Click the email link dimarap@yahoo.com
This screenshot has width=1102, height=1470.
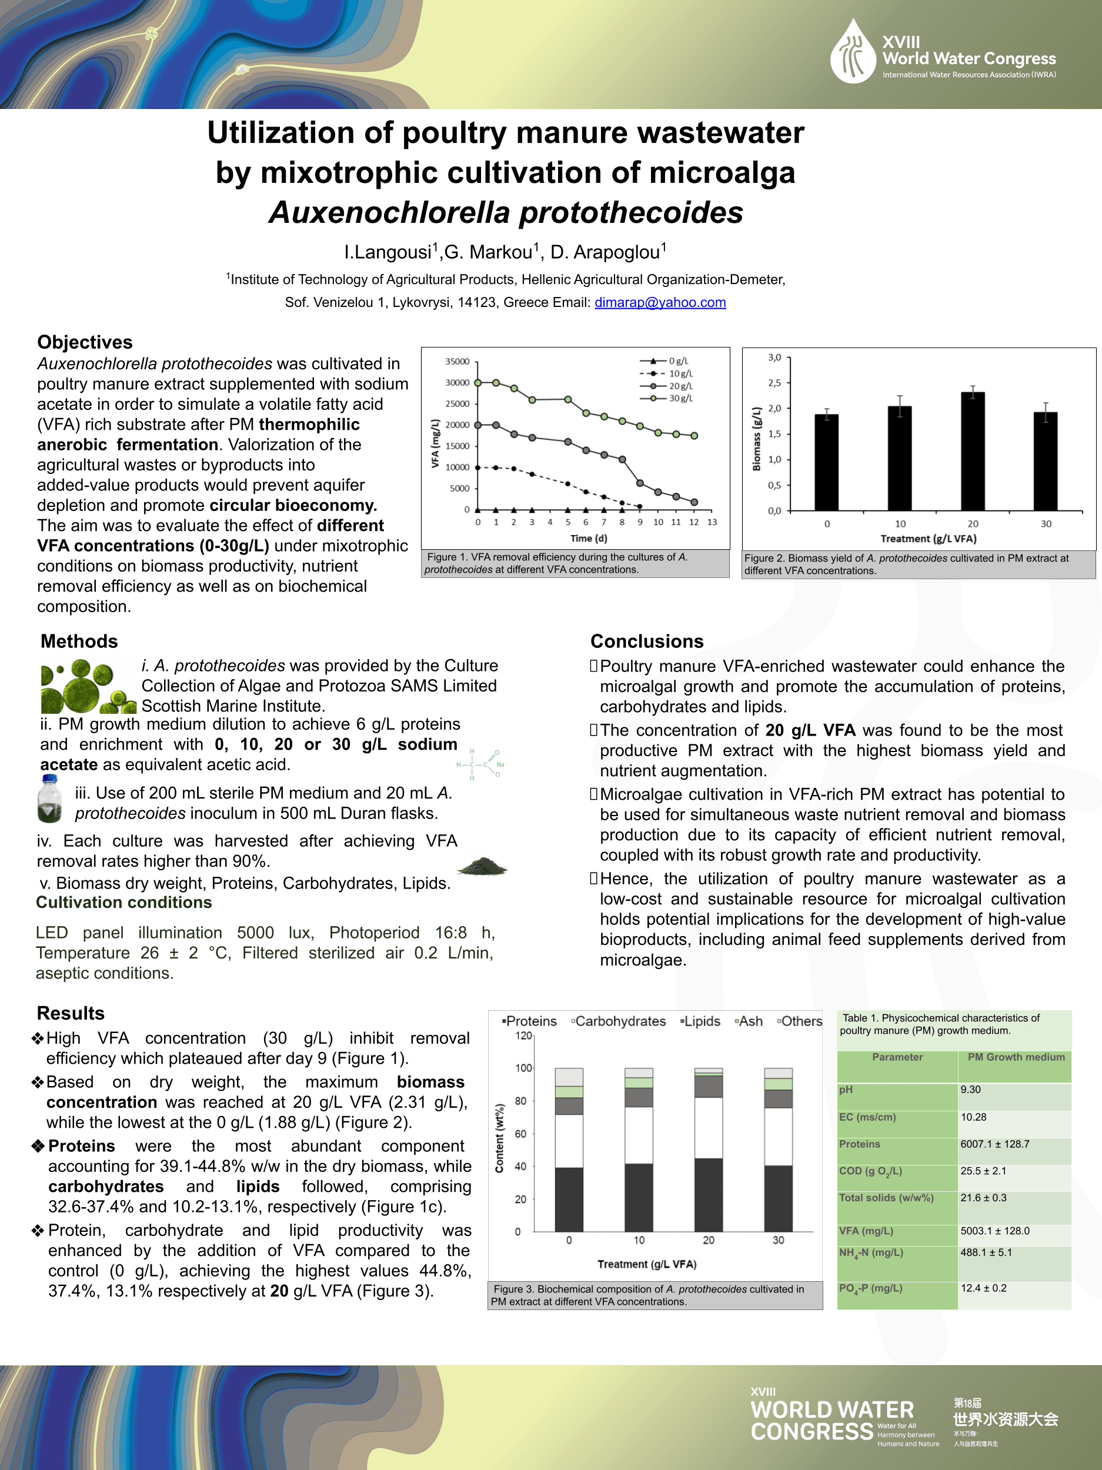(x=659, y=302)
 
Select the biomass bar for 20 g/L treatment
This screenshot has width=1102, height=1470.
(x=973, y=452)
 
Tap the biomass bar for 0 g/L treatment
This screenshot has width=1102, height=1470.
(x=826, y=463)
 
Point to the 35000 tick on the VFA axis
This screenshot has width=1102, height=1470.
(x=458, y=362)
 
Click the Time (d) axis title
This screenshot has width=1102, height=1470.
(x=588, y=538)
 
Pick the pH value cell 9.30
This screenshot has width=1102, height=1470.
(x=970, y=1089)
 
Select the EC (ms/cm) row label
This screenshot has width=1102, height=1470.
(x=867, y=1117)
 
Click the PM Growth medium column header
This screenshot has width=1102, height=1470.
(x=1016, y=1057)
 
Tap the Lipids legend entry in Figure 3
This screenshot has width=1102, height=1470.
(x=700, y=1021)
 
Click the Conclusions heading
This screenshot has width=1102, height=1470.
(x=646, y=642)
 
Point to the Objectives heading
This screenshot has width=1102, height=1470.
(x=85, y=342)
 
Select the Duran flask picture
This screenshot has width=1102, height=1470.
(x=50, y=801)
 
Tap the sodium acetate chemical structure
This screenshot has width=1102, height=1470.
(x=481, y=764)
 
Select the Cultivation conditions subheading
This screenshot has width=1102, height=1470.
(x=123, y=903)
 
